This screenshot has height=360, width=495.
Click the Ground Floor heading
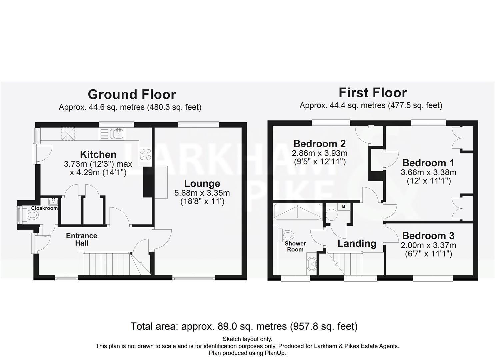[132, 95]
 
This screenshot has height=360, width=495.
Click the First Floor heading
[373, 93]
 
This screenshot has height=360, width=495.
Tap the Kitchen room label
[98, 154]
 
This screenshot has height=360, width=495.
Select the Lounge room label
[202, 184]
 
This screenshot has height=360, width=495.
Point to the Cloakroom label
[44, 208]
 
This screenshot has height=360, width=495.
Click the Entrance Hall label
[82, 239]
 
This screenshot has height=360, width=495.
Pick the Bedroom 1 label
[428, 163]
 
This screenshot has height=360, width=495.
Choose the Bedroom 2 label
[319, 144]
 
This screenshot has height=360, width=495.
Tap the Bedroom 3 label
[428, 236]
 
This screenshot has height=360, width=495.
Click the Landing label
[357, 244]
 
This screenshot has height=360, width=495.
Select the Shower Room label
[295, 246]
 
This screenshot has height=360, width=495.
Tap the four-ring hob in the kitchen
[145, 155]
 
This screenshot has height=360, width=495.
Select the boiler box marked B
[344, 207]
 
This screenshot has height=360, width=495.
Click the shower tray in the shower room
[297, 212]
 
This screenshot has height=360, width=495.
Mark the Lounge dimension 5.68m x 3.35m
[202, 193]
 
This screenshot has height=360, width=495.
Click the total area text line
[244, 326]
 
